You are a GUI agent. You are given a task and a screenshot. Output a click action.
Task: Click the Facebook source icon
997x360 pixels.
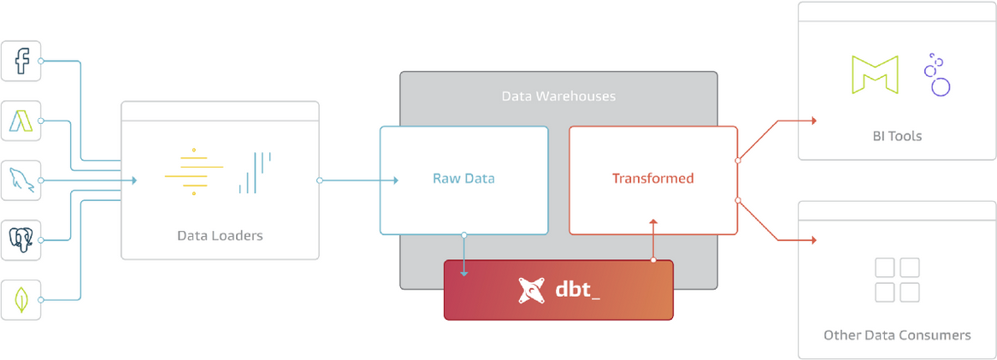[21, 61]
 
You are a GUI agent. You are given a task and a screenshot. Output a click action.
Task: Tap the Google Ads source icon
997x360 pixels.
[21, 121]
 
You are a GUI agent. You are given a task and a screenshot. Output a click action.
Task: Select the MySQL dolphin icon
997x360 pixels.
[21, 180]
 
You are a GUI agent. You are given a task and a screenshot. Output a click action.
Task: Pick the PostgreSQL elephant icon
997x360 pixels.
[21, 239]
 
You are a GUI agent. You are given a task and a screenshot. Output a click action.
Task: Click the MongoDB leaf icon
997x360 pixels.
[21, 299]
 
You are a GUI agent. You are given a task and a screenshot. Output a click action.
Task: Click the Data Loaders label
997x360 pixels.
[220, 235]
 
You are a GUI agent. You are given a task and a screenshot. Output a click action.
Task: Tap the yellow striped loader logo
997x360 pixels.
[193, 172]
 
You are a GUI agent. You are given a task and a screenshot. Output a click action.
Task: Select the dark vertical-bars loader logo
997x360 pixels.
[255, 172]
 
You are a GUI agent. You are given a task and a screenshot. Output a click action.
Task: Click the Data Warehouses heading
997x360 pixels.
[558, 96]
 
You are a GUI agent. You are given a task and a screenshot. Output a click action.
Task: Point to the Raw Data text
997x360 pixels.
[463, 179]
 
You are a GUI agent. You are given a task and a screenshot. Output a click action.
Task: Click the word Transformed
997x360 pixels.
[652, 179]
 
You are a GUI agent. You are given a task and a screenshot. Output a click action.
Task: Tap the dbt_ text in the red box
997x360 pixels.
[578, 291]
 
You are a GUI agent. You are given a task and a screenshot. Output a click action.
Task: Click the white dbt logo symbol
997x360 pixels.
[532, 291]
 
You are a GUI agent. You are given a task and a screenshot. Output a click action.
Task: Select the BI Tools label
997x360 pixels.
[896, 136]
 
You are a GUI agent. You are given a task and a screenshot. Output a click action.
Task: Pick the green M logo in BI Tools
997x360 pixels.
[875, 74]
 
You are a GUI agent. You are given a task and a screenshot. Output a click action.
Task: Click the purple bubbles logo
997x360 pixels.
[937, 74]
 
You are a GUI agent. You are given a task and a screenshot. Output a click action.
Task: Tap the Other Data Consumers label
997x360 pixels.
[896, 334]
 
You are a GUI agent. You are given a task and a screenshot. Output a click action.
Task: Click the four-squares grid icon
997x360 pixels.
[896, 280]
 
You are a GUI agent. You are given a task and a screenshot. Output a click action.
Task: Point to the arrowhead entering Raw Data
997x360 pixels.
[395, 180]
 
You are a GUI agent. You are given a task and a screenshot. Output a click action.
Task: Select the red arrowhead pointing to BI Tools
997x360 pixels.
[813, 121]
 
